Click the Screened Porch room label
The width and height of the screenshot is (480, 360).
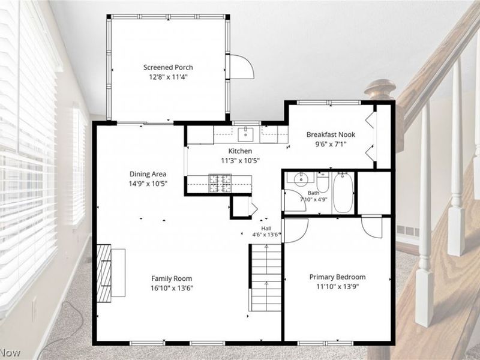click(x=168, y=67)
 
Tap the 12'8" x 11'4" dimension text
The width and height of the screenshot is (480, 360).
click(x=168, y=77)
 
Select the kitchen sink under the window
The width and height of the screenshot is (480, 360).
click(x=245, y=134)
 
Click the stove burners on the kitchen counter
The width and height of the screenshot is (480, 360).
click(x=220, y=184)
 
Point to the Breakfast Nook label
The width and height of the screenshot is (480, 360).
click(x=331, y=134)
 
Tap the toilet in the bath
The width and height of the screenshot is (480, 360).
click(x=323, y=182)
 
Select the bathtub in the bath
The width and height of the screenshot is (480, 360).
click(x=343, y=193)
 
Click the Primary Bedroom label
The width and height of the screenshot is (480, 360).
click(x=337, y=277)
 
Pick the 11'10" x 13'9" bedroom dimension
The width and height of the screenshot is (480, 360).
click(x=337, y=287)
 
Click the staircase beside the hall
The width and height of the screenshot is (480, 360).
click(x=266, y=277)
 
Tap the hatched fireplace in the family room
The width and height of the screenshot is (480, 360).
click(x=104, y=273)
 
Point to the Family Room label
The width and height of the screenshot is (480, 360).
click(x=172, y=278)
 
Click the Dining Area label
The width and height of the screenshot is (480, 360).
click(x=148, y=174)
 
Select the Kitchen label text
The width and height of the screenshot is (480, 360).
click(x=241, y=151)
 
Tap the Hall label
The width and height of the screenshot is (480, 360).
click(x=266, y=229)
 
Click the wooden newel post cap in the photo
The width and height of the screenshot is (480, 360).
click(x=380, y=89)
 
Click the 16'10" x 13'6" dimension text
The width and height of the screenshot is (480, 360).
click(x=172, y=288)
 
